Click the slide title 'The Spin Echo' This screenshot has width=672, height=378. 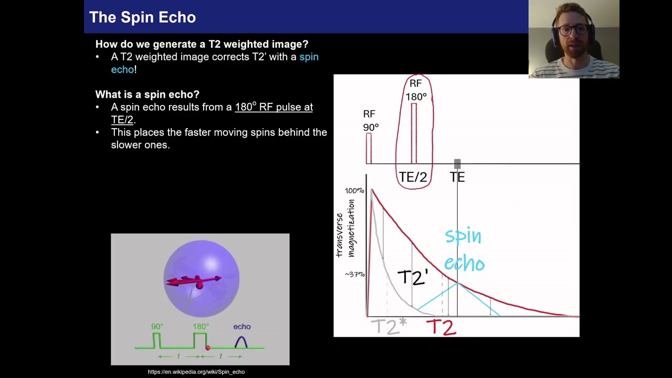point(142,17)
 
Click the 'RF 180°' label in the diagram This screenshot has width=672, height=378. point(416,90)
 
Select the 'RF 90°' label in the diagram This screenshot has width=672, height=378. point(370,121)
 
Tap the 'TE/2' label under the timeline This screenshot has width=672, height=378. point(413,177)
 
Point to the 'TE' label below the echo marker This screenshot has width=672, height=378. point(457,177)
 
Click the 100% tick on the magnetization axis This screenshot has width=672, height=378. point(354,191)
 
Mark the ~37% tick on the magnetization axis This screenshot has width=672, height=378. point(354,275)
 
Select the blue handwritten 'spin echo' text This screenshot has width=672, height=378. point(464,249)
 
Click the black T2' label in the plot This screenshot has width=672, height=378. point(413,277)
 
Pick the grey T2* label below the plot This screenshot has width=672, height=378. point(388,327)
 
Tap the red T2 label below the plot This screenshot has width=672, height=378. point(441,328)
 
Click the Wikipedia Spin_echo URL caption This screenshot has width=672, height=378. point(196,372)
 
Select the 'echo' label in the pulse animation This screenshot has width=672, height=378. point(241,327)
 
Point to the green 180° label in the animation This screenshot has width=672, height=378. point(201,327)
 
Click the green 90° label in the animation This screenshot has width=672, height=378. point(157,327)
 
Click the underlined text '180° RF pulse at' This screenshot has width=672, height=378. point(274,107)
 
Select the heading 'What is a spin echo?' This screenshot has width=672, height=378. point(147,94)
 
